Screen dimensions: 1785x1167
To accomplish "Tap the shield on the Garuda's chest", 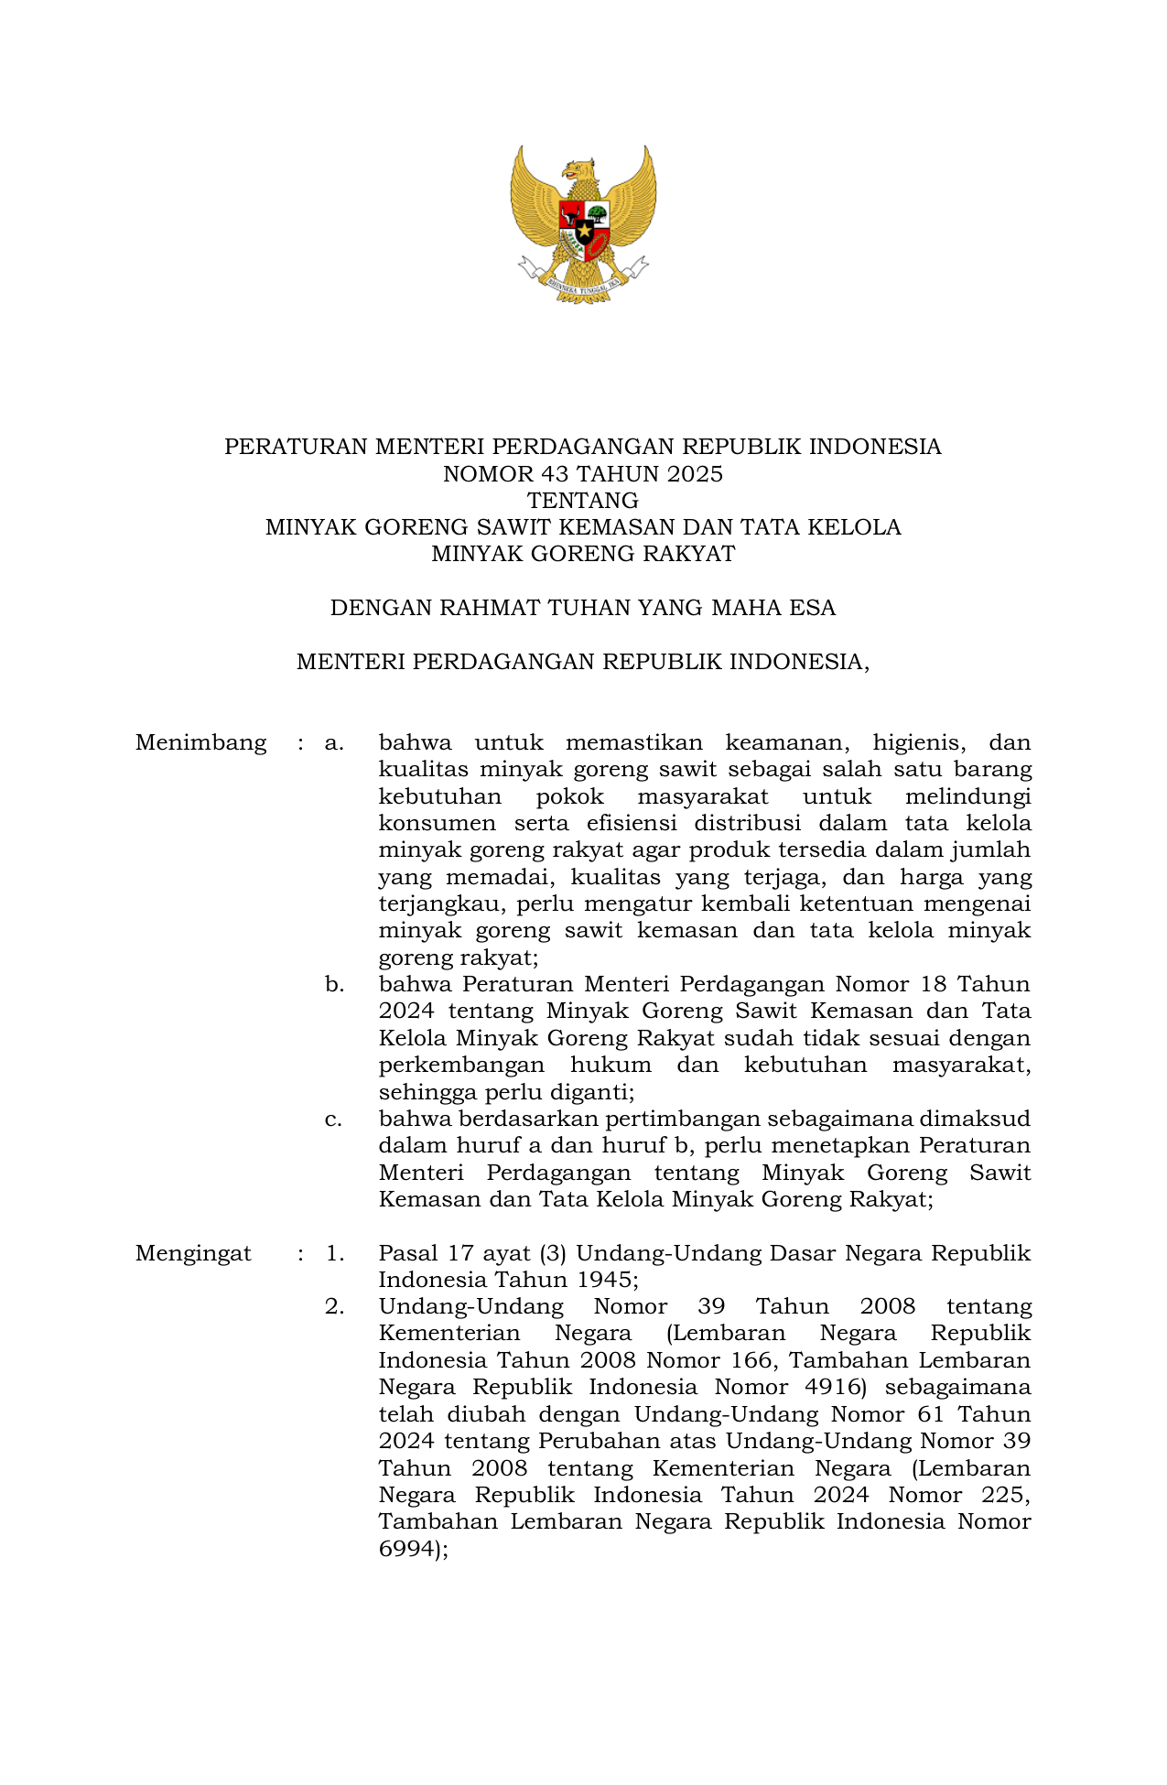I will [584, 228].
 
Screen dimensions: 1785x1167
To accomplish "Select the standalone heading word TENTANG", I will [583, 501].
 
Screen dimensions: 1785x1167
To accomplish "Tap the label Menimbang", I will [200, 742].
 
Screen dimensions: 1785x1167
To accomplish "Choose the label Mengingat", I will [193, 1253].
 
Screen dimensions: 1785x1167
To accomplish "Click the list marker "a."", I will [334, 742].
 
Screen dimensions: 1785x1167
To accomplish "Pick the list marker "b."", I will [334, 984].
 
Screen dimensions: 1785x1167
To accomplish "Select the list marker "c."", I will [334, 1119].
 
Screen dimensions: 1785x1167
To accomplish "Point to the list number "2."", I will [334, 1306].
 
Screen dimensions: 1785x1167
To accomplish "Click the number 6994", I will [406, 1549].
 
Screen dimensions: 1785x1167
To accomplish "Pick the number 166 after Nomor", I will [747, 1360].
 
